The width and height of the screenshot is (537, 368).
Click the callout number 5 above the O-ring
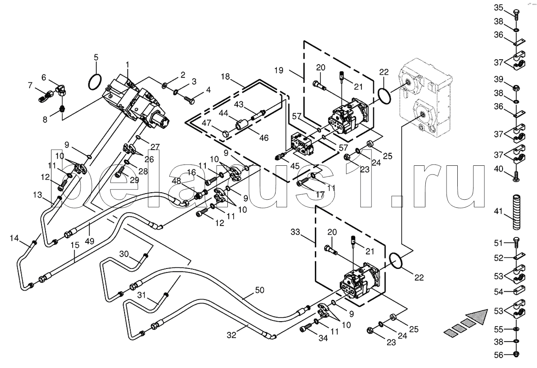coord(96,57)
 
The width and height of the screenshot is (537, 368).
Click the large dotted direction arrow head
coord(477,317)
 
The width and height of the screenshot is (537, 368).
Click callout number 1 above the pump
coord(127,64)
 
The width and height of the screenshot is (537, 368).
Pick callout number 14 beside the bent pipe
coord(15,238)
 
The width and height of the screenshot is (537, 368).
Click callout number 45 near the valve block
coord(295,166)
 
